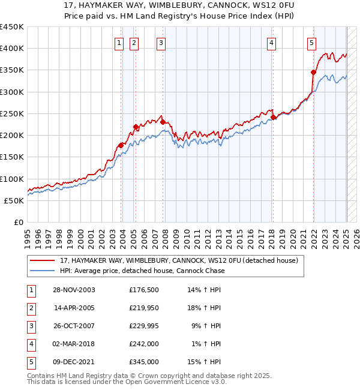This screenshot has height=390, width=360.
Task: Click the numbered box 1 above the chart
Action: tap(119, 43)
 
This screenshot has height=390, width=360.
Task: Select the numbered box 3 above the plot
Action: tap(161, 43)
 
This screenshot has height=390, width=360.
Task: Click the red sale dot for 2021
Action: tap(313, 72)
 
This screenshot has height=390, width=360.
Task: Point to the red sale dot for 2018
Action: tap(273, 117)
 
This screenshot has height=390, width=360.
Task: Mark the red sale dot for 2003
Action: tap(121, 145)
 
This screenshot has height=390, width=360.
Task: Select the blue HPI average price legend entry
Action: tap(142, 271)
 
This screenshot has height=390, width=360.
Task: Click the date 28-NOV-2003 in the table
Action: tap(74, 290)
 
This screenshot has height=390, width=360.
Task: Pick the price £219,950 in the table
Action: tap(144, 308)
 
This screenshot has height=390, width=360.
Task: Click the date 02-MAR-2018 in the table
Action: tap(74, 344)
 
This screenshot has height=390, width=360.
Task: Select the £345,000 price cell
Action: tap(144, 362)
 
